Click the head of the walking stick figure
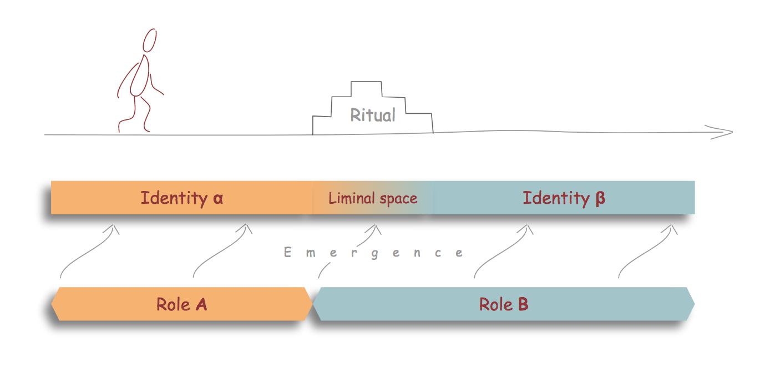point(149,41)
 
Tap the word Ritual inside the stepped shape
point(373,115)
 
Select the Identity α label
point(181,198)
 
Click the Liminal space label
point(372,198)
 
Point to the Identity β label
point(564,198)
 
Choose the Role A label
point(181,304)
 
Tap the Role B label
point(503,304)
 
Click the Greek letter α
point(217,199)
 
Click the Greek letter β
point(600,199)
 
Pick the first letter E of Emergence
point(287,253)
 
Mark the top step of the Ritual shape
point(366,83)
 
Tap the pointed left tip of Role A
point(53,304)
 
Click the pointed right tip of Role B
point(693,304)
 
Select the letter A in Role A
point(201,304)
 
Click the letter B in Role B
point(522,304)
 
